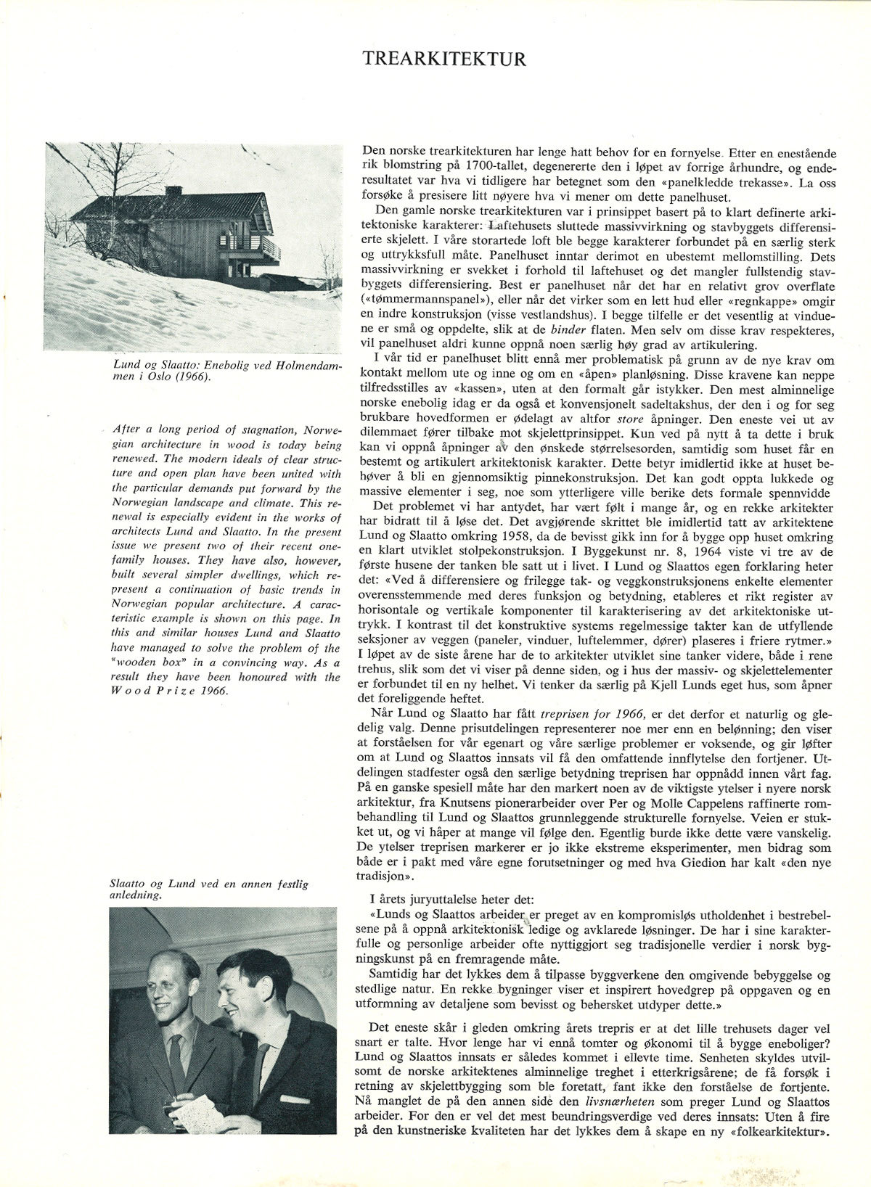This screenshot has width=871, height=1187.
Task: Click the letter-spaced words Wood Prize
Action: tap(152, 691)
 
